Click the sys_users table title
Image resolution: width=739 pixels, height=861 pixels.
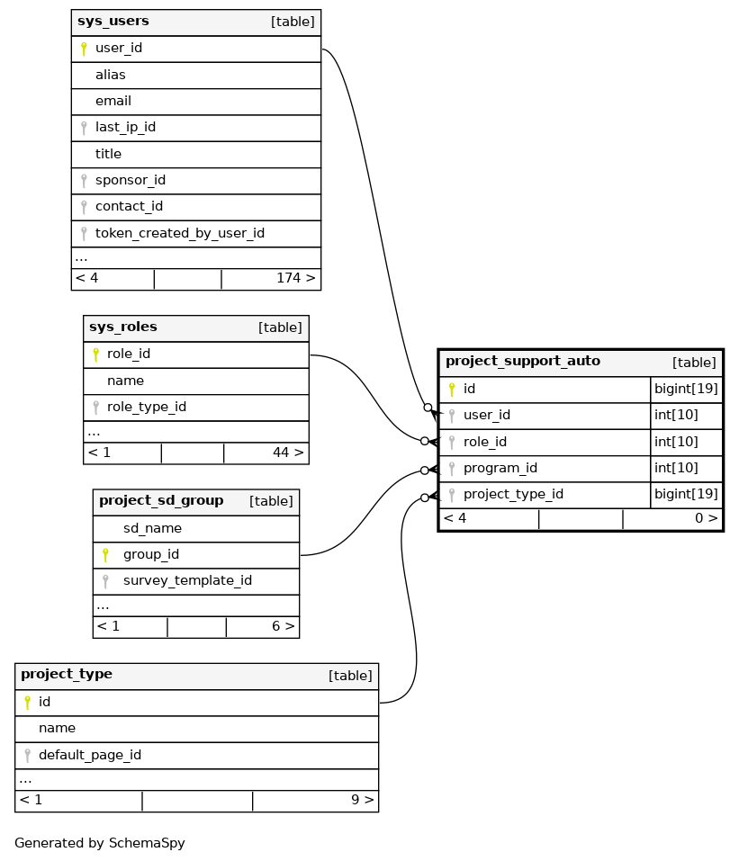(113, 22)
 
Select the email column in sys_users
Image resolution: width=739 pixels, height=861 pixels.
(113, 102)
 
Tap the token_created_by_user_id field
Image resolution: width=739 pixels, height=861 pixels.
(180, 234)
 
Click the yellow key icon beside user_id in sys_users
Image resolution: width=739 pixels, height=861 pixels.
(84, 49)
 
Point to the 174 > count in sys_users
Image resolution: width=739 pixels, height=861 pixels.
(296, 279)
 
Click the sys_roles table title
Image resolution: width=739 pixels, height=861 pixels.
(123, 327)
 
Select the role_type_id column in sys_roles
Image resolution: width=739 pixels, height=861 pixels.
(147, 408)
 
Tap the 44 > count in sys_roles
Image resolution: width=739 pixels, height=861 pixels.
(288, 453)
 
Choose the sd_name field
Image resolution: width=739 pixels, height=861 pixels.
(153, 529)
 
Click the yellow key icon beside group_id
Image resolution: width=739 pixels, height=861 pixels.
(105, 555)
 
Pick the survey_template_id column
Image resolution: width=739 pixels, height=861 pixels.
(187, 581)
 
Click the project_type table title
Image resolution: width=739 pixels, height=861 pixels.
(67, 675)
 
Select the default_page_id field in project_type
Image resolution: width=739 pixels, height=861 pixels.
(90, 756)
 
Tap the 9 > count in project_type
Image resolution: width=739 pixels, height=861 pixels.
(362, 800)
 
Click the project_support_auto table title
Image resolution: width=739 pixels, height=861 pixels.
(523, 362)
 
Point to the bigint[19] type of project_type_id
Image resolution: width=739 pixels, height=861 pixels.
(686, 495)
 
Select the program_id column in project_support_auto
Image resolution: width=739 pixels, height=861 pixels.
(500, 469)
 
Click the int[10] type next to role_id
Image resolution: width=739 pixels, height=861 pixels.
(675, 442)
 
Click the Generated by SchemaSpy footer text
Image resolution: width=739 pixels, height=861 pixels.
(100, 844)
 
